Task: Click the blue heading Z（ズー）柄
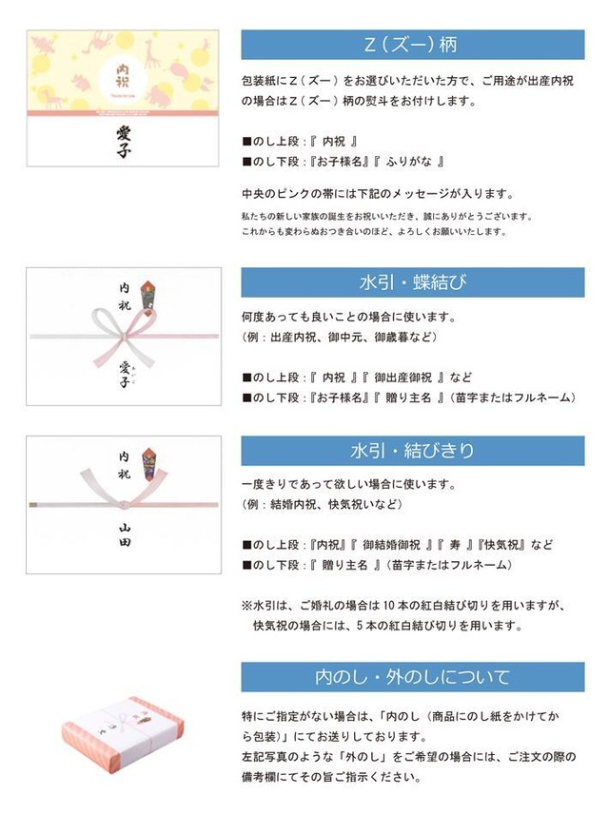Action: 412,45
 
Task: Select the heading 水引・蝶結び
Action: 412,282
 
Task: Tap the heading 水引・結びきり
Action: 412,450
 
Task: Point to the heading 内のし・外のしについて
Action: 412,677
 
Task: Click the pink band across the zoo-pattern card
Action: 123,112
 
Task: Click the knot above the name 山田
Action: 123,498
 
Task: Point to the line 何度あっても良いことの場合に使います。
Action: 349,317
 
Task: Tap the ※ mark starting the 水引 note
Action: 246,605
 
